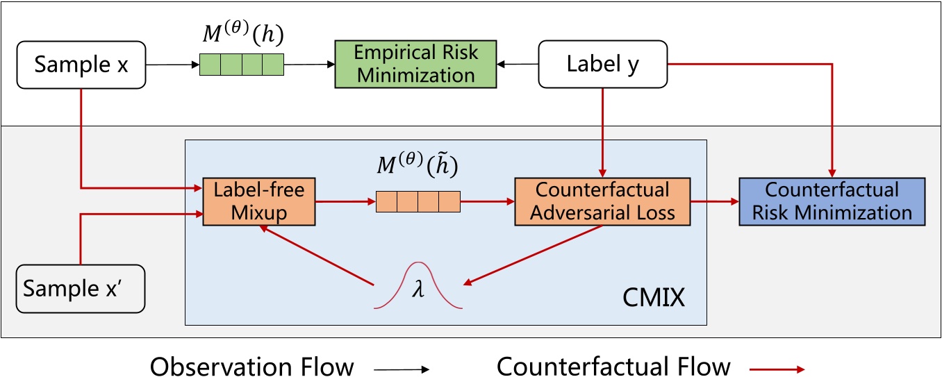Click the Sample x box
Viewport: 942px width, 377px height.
point(81,65)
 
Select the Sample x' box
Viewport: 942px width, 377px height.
point(81,287)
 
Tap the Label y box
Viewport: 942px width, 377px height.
point(603,64)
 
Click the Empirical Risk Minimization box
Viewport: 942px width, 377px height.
point(415,64)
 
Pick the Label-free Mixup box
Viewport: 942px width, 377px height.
point(258,201)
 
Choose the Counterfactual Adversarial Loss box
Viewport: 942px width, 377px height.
point(602,201)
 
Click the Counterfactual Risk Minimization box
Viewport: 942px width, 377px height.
point(832,201)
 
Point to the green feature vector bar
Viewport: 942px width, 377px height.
point(242,65)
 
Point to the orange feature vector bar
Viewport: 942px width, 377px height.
point(418,201)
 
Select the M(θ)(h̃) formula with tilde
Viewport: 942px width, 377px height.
point(418,166)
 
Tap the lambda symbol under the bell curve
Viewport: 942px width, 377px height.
point(418,290)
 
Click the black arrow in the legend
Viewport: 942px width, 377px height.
point(402,369)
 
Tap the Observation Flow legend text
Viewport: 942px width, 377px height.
point(252,366)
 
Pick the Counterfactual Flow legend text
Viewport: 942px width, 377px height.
point(613,366)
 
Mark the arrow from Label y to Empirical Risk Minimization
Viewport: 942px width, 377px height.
point(518,65)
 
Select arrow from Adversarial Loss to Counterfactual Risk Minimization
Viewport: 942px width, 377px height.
point(714,201)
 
